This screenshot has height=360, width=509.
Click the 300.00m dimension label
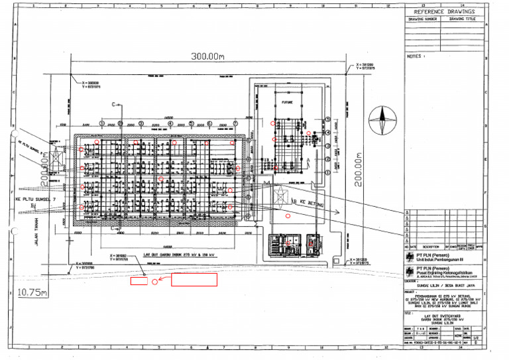[x=207, y=56]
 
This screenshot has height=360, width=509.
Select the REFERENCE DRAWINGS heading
[x=444, y=12]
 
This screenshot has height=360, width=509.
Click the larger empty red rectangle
[x=194, y=280]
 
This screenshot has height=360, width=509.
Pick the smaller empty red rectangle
[x=138, y=281]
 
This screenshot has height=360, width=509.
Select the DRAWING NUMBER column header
[x=423, y=19]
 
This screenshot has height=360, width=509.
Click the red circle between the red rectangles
[x=155, y=281]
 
